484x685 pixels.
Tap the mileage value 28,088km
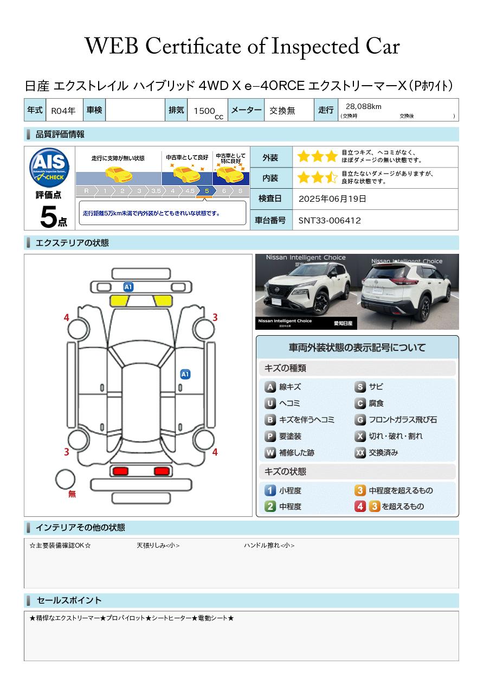click(x=363, y=107)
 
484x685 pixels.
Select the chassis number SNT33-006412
click(x=330, y=220)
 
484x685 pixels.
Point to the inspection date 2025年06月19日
click(x=332, y=199)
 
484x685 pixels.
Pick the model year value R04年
click(x=63, y=111)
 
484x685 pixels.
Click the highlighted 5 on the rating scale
click(x=207, y=191)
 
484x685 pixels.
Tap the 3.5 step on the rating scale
click(x=156, y=191)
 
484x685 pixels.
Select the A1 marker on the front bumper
click(x=128, y=286)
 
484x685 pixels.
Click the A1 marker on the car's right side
click(x=185, y=374)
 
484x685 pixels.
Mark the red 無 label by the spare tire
click(x=72, y=494)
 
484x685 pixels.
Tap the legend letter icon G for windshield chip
click(x=360, y=420)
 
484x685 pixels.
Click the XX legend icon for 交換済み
click(x=360, y=452)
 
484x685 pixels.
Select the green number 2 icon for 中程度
click(x=270, y=507)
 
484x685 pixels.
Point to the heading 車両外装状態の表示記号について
click(x=357, y=348)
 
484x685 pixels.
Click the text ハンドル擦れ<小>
click(x=269, y=546)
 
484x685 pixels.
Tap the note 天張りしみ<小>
click(x=158, y=546)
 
